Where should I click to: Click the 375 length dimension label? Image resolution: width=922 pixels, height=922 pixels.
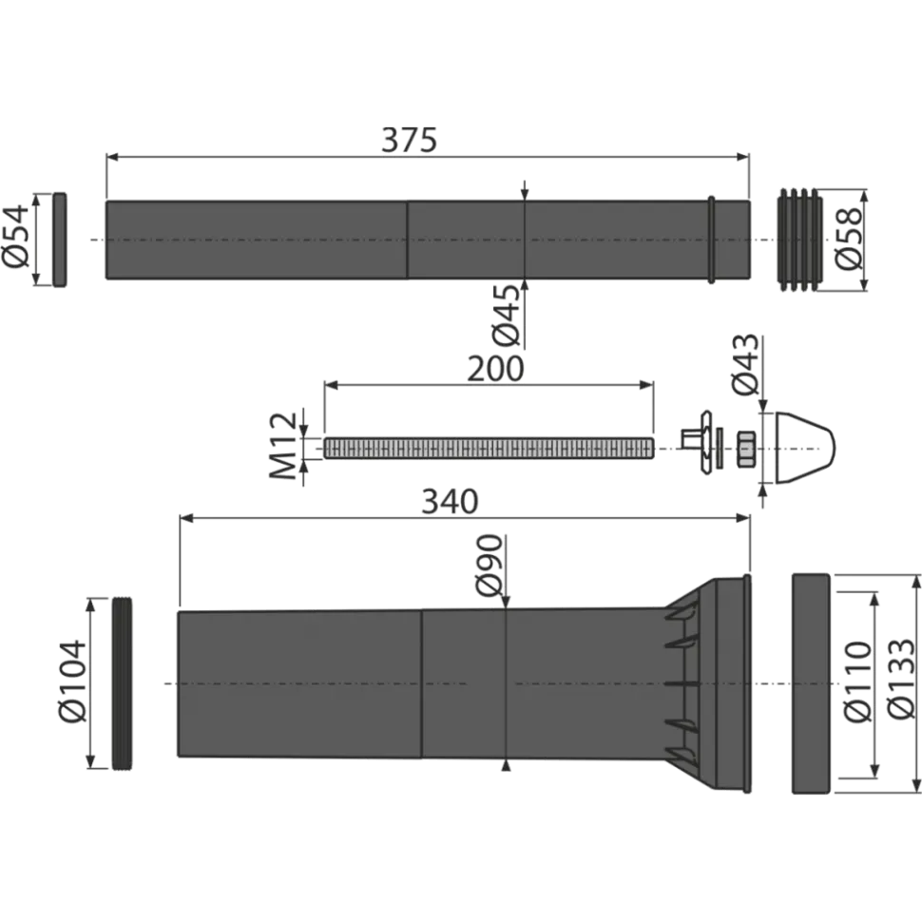click(410, 141)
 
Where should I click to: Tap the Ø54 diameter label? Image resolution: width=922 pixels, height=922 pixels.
click(16, 236)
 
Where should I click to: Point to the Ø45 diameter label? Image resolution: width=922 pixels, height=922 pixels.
click(507, 316)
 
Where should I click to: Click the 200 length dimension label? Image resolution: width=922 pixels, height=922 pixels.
click(495, 369)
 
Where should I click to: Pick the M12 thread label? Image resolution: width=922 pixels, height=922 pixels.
click(283, 446)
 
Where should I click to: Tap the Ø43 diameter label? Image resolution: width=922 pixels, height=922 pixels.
click(745, 365)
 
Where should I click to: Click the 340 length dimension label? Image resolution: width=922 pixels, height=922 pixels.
click(450, 502)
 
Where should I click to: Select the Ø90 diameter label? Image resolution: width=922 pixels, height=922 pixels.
click(490, 565)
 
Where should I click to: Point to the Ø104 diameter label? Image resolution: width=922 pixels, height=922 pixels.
click(73, 682)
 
